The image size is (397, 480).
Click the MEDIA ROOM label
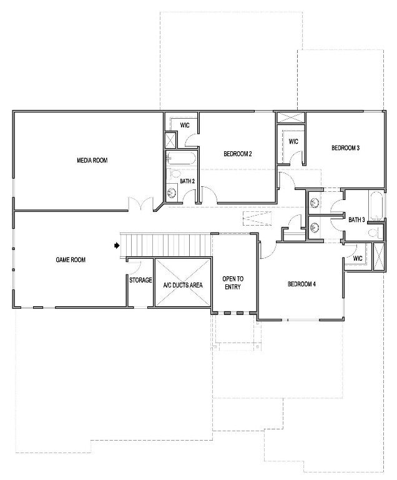(x=92, y=160)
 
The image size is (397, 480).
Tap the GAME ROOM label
(x=71, y=259)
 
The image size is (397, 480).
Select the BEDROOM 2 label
(x=238, y=154)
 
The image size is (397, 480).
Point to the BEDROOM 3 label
(x=346, y=148)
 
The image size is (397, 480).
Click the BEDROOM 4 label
(x=301, y=284)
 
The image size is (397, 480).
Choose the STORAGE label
(x=140, y=280)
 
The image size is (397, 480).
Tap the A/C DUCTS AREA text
(x=183, y=285)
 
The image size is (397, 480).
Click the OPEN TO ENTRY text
(x=233, y=283)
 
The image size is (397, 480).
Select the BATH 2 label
(x=187, y=181)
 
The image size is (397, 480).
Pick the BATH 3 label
(x=356, y=219)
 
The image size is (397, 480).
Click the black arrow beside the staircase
(x=117, y=245)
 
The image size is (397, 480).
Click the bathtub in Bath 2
(x=181, y=158)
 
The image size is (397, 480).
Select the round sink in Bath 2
(x=172, y=193)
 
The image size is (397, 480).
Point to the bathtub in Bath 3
(x=376, y=206)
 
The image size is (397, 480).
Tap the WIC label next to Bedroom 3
(x=293, y=142)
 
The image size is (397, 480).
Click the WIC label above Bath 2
(x=185, y=125)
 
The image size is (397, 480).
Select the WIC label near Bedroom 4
(x=358, y=258)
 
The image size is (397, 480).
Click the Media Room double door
(x=141, y=204)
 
